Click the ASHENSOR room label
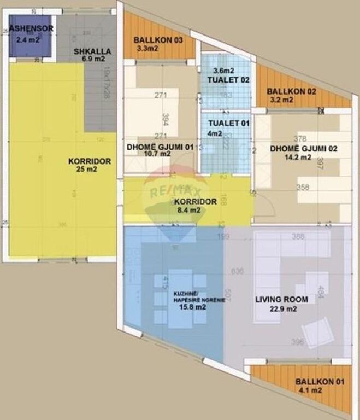(31, 28)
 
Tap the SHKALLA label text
(92, 51)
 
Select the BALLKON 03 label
(158, 40)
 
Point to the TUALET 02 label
(228, 80)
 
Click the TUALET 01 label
(228, 123)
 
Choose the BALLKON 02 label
(291, 91)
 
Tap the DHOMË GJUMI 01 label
(160, 146)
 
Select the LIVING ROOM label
(281, 299)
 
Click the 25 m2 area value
(90, 170)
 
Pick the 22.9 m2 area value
(282, 308)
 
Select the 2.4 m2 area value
(28, 39)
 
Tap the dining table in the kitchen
(180, 298)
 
